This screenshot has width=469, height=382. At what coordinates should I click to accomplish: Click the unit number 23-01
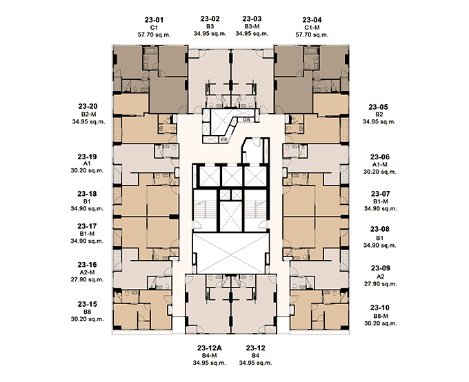click(154, 20)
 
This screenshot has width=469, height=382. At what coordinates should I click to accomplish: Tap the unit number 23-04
click(312, 20)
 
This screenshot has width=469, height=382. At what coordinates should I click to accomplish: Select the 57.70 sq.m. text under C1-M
click(312, 34)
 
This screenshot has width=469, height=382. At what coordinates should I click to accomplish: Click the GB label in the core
click(246, 120)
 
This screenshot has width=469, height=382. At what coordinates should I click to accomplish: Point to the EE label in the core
click(223, 140)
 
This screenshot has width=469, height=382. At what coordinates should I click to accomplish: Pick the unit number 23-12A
click(210, 348)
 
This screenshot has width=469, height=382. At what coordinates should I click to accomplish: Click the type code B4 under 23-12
click(255, 356)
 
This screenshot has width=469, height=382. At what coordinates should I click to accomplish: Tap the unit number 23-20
click(88, 106)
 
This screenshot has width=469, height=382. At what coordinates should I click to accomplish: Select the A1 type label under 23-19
click(87, 163)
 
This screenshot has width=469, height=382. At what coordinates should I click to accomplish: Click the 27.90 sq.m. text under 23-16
click(87, 280)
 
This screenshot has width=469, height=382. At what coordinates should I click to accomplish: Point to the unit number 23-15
click(88, 304)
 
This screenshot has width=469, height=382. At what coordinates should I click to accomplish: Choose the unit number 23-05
click(379, 107)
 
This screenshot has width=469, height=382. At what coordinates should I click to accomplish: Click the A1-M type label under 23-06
click(380, 165)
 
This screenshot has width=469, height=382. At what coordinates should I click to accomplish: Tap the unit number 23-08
click(380, 229)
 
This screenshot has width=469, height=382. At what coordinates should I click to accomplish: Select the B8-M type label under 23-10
click(381, 316)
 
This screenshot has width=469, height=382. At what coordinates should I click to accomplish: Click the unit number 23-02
click(210, 19)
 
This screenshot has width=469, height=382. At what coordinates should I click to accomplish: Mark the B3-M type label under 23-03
click(252, 26)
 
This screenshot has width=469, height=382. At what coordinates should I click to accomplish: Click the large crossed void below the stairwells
click(231, 254)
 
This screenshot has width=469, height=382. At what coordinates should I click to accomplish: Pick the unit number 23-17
click(87, 226)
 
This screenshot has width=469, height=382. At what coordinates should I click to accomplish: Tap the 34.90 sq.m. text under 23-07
click(381, 208)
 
